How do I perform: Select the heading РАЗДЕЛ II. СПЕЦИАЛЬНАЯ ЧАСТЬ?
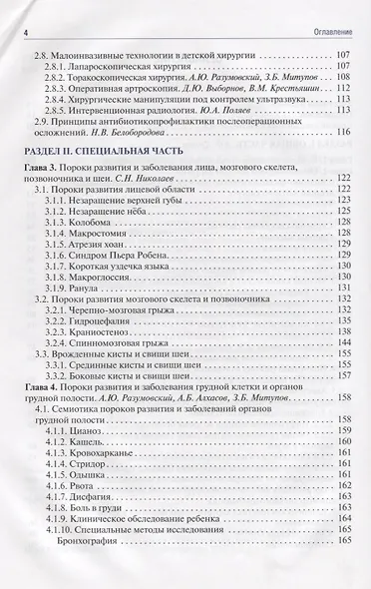tap(91, 148)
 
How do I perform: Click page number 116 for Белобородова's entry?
tap(344, 132)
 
